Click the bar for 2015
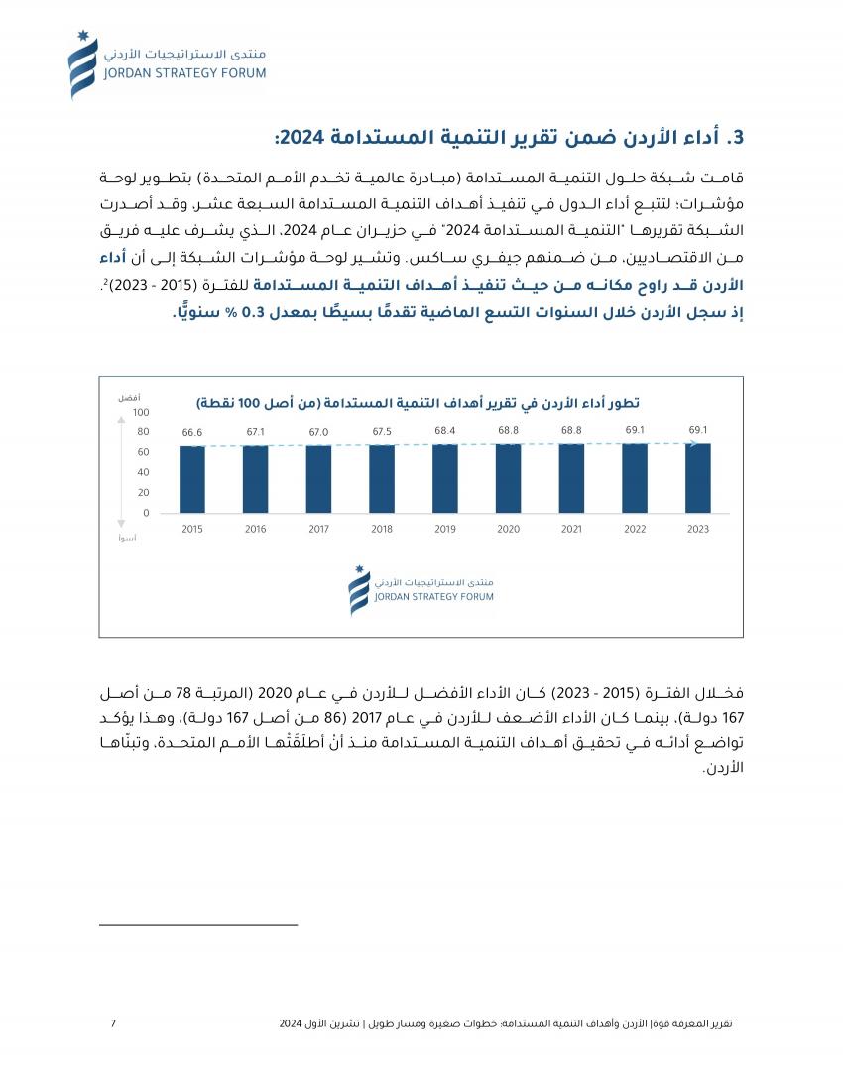(192, 480)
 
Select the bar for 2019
(445, 479)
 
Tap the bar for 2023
(698, 478)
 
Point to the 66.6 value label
(192, 433)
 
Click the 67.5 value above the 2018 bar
(382, 432)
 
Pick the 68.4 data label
(445, 431)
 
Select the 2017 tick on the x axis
(318, 530)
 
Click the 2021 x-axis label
(571, 530)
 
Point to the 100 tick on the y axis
(141, 413)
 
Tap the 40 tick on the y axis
(144, 473)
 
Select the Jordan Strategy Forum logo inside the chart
(421, 590)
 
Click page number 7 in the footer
(113, 1023)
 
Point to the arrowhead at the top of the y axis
(121, 420)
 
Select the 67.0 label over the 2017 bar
(318, 432)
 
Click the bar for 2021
(571, 478)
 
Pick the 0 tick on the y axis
(146, 514)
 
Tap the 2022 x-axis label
(635, 530)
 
